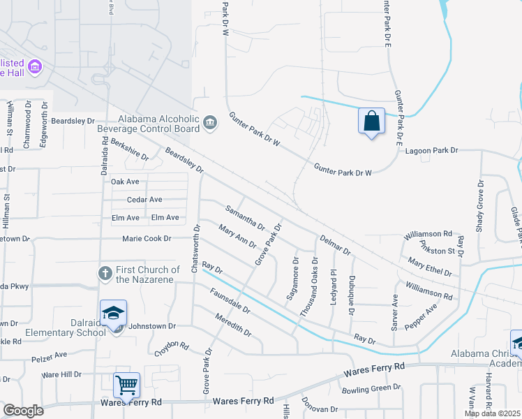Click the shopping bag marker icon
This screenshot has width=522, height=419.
tap(371, 121)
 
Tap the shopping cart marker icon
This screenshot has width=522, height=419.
tap(126, 385)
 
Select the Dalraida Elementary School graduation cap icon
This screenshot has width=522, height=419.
tap(113, 314)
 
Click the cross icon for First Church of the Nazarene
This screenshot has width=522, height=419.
tap(105, 273)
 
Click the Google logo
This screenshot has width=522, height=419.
tap(23, 411)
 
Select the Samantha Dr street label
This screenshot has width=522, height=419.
tap(244, 217)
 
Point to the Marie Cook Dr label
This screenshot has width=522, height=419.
tap(147, 239)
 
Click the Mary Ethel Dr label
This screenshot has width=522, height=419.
tap(431, 265)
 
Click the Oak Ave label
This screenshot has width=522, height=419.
tap(126, 182)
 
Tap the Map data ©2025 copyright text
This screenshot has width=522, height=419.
tap(493, 413)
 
